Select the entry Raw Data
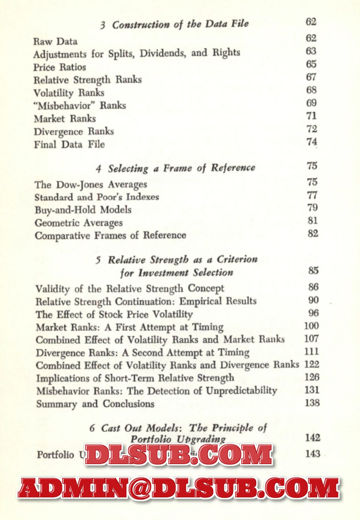(55, 41)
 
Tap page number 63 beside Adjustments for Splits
(311, 51)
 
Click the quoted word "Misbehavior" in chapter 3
(65, 106)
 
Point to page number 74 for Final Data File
(312, 142)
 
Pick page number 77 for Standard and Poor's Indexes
(312, 195)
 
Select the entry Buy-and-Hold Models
(83, 210)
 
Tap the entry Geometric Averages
(79, 223)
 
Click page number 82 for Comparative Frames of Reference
(313, 234)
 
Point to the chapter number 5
(98, 260)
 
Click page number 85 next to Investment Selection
(313, 271)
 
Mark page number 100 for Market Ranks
(312, 326)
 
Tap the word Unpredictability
(242, 391)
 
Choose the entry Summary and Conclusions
(95, 404)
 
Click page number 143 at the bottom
(312, 454)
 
